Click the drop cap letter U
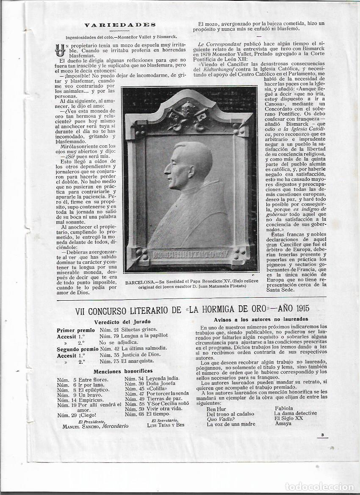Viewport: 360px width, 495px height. (60, 50)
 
